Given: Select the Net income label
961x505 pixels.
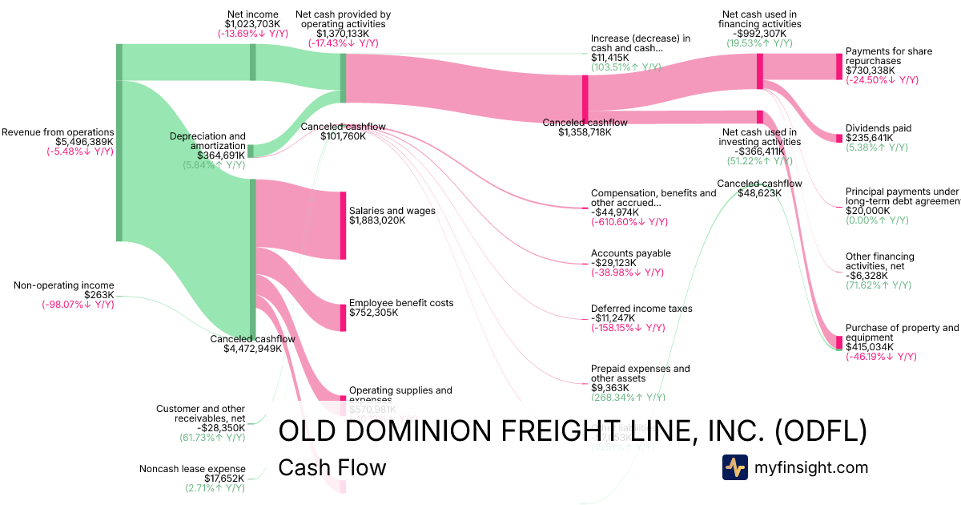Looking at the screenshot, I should [x=253, y=14].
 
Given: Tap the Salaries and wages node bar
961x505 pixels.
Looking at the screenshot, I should [x=344, y=225].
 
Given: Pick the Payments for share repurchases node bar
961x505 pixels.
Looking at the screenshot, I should [x=839, y=67].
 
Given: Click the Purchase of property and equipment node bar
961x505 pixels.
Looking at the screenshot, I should [x=839, y=341].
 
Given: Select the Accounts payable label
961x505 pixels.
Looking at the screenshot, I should [x=631, y=253].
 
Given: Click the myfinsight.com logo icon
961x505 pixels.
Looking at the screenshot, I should [x=735, y=467].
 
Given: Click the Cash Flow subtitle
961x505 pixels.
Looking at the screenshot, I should [x=332, y=467].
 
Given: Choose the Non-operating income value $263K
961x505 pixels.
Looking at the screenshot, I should [x=99, y=295].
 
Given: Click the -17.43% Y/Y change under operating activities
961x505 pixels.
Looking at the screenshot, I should [x=343, y=43].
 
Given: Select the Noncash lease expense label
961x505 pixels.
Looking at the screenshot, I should [x=192, y=469].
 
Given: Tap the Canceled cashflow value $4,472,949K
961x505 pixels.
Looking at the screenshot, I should [x=252, y=349].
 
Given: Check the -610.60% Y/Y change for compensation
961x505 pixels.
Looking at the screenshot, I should [x=629, y=222].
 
